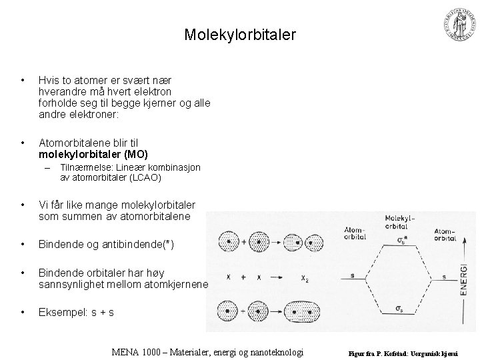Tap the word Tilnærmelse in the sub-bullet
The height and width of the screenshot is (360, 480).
click(x=83, y=168)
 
